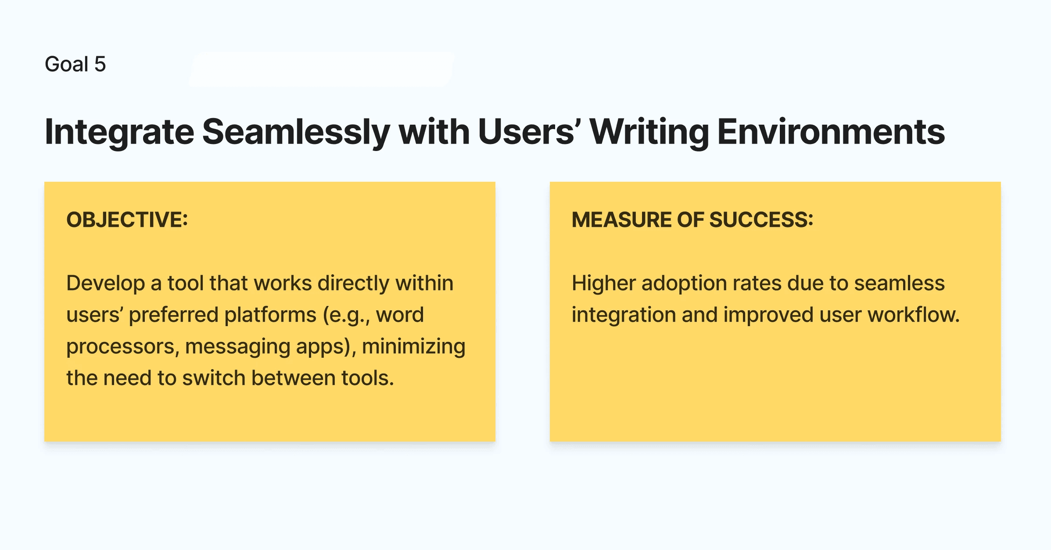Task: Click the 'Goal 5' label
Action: coord(75,64)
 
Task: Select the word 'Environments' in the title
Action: coord(831,132)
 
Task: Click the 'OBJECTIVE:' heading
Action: coord(127,219)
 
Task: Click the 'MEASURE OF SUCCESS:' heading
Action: coord(692,219)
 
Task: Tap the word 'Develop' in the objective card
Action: coord(106,284)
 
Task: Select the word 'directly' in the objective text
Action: coord(354,284)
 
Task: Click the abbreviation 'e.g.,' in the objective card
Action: coord(347,315)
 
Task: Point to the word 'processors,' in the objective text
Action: coord(123,347)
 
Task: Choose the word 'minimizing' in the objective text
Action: coord(414,347)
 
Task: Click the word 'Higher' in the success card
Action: coord(604,284)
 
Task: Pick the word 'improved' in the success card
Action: coord(769,315)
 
